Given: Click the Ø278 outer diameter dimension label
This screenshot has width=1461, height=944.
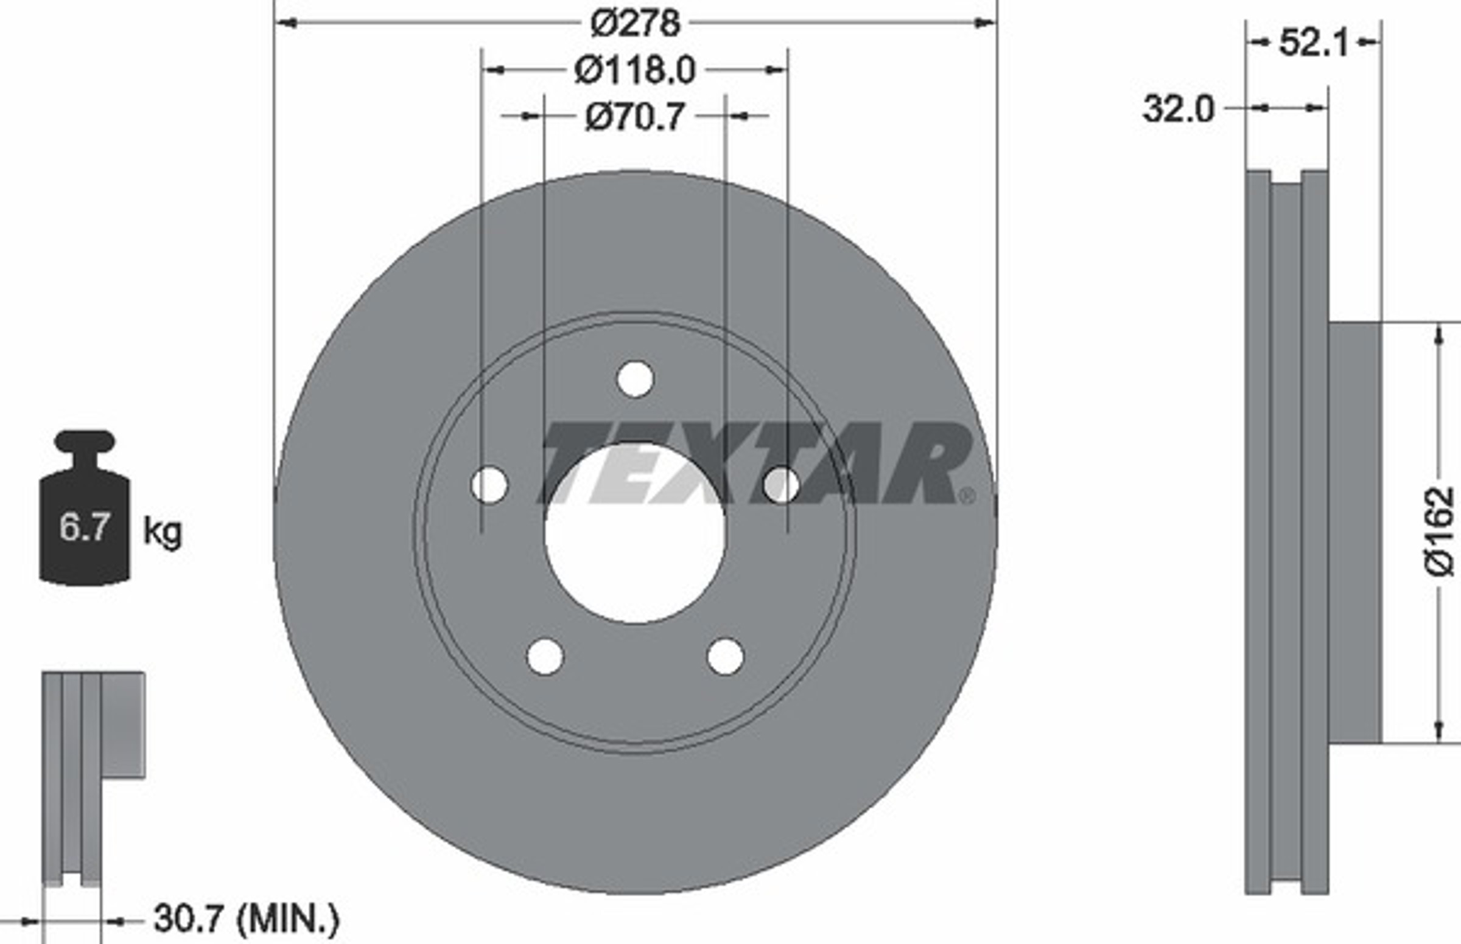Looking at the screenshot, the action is coord(636,23).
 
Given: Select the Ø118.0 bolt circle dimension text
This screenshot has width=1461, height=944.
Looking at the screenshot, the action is coord(636,70).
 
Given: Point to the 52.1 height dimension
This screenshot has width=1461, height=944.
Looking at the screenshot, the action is coord(1314,44).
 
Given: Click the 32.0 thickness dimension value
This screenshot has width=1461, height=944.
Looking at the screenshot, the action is coord(1179,109).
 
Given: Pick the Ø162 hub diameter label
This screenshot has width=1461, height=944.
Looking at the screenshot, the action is coord(1439,531).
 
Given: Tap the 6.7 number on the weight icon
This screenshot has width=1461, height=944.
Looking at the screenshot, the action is coord(85,527).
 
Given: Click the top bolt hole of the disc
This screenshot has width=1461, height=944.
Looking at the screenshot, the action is coord(636,379).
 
